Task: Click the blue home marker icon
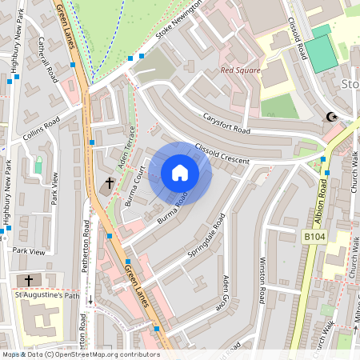[180, 173]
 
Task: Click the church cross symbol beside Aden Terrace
[109, 183]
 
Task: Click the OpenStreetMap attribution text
[80, 354]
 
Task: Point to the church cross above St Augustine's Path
[30, 280]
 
